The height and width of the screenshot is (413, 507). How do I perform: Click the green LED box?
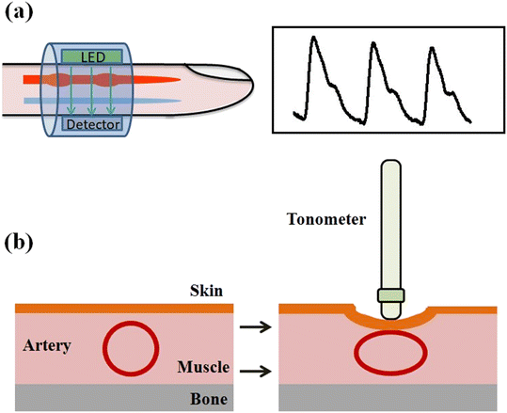(x=92, y=57)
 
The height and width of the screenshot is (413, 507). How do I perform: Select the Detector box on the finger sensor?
(x=91, y=123)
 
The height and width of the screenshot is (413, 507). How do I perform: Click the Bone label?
(x=200, y=400)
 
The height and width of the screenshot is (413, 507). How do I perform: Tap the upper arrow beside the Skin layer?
(x=252, y=327)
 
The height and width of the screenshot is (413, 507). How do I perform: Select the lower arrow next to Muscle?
(x=252, y=372)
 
